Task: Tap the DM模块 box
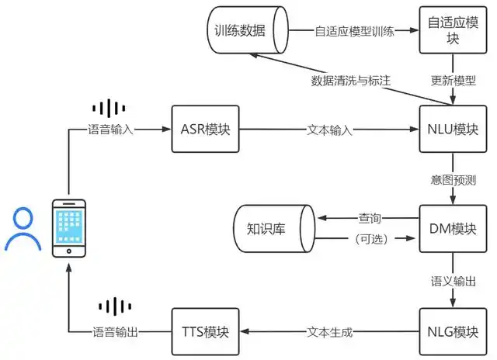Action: [451, 228]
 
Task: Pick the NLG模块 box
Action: [451, 331]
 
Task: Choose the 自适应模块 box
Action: [451, 29]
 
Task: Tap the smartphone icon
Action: [68, 228]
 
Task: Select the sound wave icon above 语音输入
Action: [108, 109]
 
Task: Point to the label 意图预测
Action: [451, 180]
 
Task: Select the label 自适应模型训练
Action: [355, 31]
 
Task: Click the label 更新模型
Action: [451, 81]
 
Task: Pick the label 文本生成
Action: [330, 331]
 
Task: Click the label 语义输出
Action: [451, 280]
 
